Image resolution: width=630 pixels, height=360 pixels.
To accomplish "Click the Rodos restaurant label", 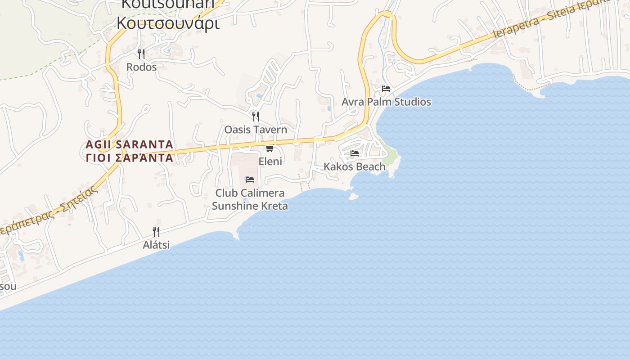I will (141, 67).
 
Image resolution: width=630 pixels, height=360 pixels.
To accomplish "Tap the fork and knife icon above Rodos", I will (141, 54).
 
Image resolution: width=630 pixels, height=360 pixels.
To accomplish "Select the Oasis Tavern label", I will (256, 130).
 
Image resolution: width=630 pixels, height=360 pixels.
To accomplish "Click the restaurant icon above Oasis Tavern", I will (256, 117).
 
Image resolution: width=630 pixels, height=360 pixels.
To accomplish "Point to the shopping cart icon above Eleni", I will (270, 148).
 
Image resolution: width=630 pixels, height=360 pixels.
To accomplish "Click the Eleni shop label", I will (270, 161).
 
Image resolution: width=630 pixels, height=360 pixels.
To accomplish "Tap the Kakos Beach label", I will (355, 166).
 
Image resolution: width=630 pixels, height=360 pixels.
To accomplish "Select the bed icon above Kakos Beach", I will (355, 153).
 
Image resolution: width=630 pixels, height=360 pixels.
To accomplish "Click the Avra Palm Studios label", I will (386, 102).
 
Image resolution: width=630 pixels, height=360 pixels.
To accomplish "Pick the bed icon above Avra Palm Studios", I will (386, 89).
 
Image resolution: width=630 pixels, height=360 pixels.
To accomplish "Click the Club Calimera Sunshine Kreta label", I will (250, 199).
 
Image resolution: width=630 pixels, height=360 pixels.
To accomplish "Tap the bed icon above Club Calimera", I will (250, 180).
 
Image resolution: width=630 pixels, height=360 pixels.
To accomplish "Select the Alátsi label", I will (156, 245).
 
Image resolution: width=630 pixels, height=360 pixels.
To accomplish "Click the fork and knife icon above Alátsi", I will (156, 232).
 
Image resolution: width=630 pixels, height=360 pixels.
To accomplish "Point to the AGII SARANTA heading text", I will (130, 144).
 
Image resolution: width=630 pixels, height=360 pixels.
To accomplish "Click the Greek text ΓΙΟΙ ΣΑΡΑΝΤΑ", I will (130, 157).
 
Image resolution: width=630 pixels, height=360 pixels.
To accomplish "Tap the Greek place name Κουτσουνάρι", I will (168, 22).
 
